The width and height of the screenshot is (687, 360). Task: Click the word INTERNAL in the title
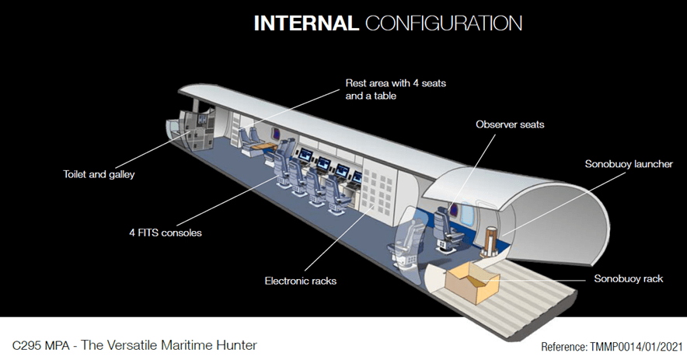pyautogui.click(x=305, y=23)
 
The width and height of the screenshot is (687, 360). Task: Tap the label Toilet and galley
pyautogui.click(x=99, y=174)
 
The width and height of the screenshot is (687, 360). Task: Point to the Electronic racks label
pyautogui.click(x=301, y=280)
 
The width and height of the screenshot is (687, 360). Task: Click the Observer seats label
pyautogui.click(x=510, y=124)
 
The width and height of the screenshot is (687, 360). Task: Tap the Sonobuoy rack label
pyautogui.click(x=628, y=278)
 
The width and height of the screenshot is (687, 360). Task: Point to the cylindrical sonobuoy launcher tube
pyautogui.click(x=492, y=239)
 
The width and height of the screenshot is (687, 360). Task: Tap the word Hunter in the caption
pyautogui.click(x=237, y=344)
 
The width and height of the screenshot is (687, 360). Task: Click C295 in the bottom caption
pyautogui.click(x=28, y=344)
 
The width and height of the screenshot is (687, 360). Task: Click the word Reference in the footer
pyautogui.click(x=566, y=345)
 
